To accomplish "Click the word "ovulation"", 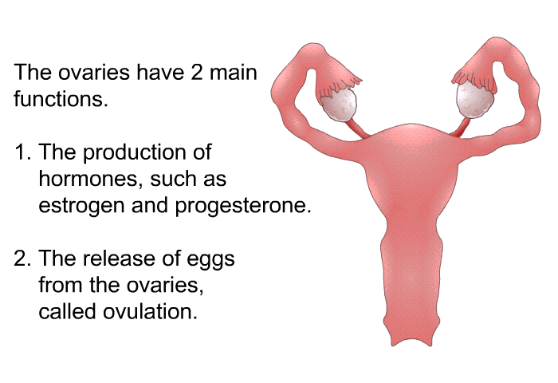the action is (150, 311).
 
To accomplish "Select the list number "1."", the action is (23, 152).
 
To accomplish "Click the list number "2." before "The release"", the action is (23, 259).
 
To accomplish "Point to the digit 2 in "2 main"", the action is (197, 72).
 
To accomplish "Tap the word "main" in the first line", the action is (233, 72).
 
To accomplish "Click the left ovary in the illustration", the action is (339, 105).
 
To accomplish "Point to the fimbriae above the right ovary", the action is (474, 81).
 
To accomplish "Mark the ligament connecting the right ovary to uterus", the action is (461, 128).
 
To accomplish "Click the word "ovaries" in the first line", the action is (93, 72).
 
